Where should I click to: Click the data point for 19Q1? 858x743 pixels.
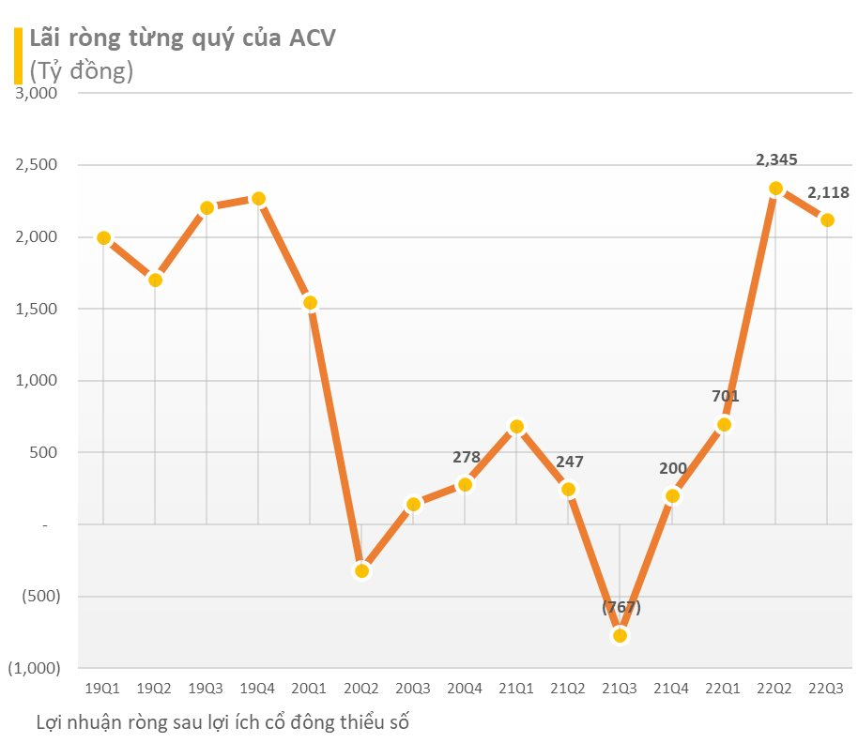(103, 238)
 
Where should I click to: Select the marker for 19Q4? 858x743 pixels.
(258, 199)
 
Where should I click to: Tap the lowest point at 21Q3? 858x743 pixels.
(620, 635)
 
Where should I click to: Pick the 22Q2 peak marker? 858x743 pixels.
(775, 189)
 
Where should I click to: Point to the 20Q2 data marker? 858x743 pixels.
(361, 570)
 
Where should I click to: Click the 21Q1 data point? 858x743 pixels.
(516, 427)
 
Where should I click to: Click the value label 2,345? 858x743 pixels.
(776, 159)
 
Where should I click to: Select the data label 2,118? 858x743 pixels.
(828, 193)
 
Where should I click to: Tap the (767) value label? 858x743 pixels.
(621, 607)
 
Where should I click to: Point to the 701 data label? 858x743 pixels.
(725, 396)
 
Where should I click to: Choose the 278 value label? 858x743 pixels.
(466, 458)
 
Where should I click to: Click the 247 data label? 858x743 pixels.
(570, 462)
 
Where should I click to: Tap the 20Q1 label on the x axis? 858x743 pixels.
(310, 688)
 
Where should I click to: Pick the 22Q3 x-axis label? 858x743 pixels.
(827, 688)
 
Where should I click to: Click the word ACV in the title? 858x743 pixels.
(311, 38)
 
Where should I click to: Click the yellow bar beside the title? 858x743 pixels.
(17, 55)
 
